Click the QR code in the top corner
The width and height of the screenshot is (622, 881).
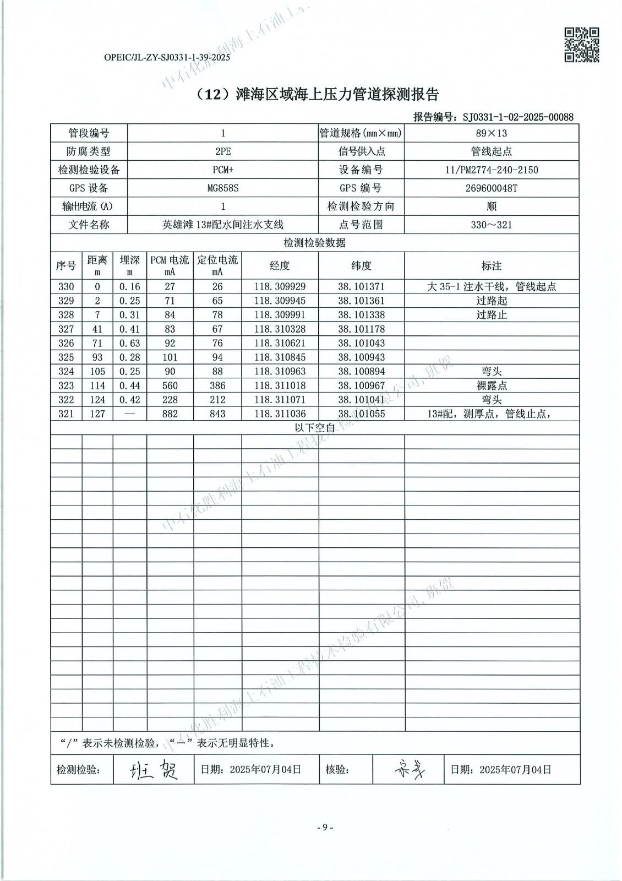pos(581,45)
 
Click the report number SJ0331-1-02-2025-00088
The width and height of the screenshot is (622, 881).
pos(518,117)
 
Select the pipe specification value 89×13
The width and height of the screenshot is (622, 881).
pos(491,133)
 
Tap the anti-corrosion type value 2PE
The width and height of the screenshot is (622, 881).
pos(223,151)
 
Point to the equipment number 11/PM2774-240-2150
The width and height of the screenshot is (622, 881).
pos(491,170)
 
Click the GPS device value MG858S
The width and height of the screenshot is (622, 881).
pos(223,188)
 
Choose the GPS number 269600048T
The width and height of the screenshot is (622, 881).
pos(491,188)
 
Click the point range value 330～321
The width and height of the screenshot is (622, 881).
pos(491,225)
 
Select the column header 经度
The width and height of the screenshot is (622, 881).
pos(280,266)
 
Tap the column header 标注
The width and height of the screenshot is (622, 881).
pos(491,266)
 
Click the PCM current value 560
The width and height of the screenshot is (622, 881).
pos(170,385)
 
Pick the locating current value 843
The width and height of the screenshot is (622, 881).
pos(217,414)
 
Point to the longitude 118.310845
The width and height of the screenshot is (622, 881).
pos(280,357)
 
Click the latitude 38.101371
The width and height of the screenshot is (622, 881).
pos(361,286)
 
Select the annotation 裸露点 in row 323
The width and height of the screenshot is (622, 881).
pos(491,385)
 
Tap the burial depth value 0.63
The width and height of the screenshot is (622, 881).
pos(129,343)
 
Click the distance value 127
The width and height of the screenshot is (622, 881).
pos(97,414)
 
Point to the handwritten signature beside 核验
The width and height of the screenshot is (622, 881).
pos(409,769)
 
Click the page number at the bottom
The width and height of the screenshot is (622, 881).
pos(325,827)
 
